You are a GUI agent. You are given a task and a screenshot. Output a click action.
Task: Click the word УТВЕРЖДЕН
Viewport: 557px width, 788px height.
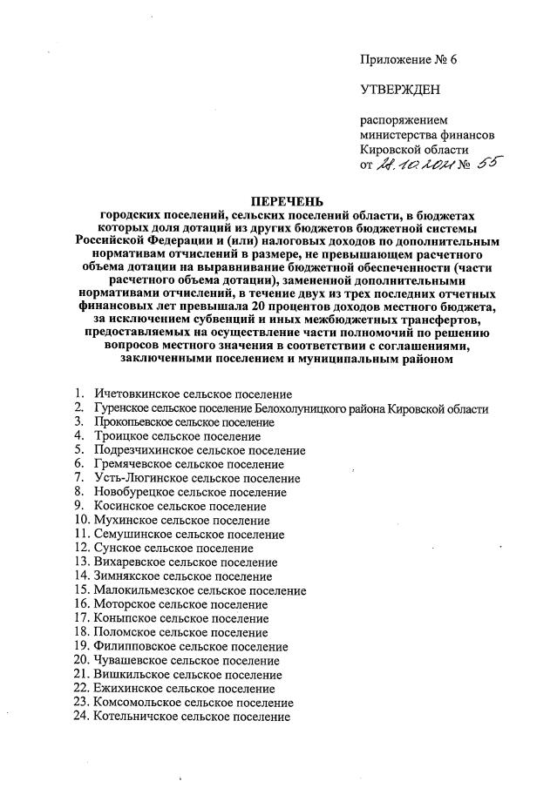tap(401, 89)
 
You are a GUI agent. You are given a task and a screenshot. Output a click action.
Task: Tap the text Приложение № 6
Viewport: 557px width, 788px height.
tap(408, 59)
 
